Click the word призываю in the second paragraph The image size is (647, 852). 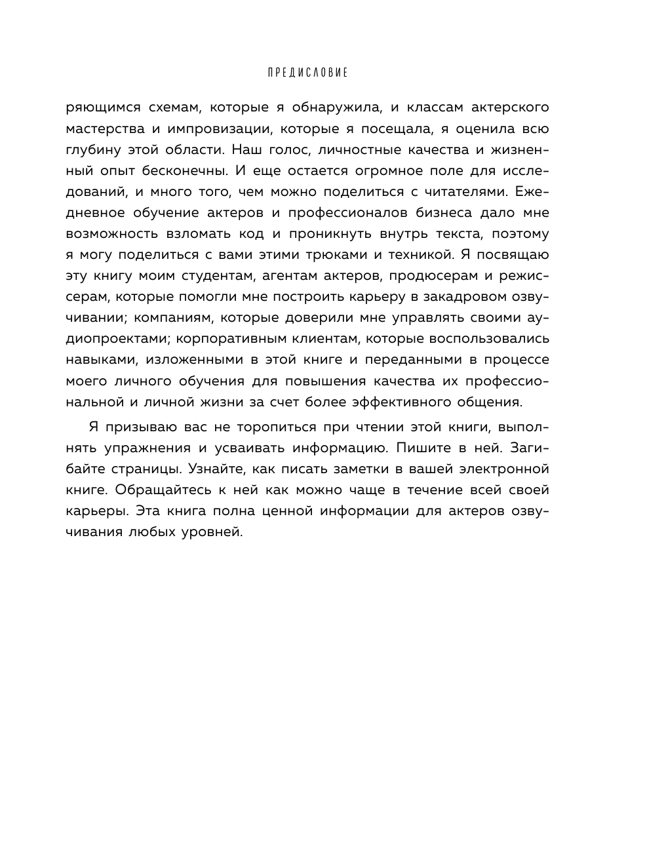(140, 427)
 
